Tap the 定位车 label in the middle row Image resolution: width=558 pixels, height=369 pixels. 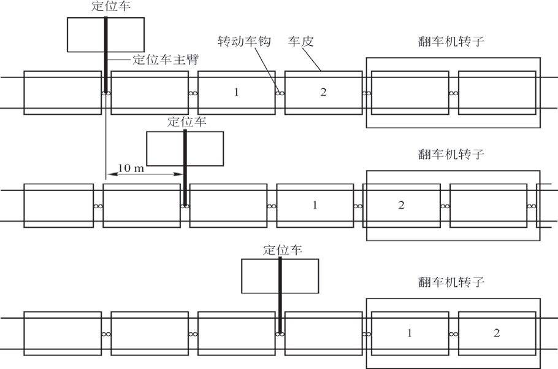click(x=186, y=122)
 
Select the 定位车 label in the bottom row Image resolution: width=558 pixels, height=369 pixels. click(x=282, y=250)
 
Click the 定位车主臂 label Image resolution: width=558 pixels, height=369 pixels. click(x=166, y=60)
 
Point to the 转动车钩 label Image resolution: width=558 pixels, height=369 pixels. click(x=244, y=41)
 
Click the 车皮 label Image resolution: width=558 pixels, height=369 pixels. click(x=302, y=41)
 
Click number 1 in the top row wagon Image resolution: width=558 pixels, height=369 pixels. click(x=236, y=92)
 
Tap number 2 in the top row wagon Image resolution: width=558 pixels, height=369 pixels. click(x=323, y=92)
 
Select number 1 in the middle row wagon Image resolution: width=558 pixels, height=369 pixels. click(x=315, y=205)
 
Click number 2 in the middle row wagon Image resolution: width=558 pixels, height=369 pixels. click(x=401, y=205)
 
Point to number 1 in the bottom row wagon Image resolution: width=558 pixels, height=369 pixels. click(x=410, y=333)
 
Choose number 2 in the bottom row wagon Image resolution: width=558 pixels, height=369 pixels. click(x=497, y=333)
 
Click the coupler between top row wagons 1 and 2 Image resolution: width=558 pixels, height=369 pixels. click(x=280, y=93)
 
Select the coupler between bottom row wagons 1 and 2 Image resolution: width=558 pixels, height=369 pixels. click(x=454, y=334)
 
